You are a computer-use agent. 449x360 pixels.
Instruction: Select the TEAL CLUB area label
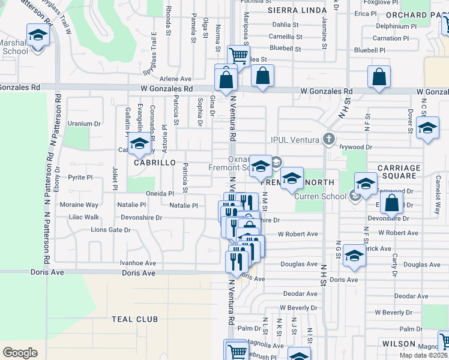(x=134, y=319)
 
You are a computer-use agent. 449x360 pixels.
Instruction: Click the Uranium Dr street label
(x=84, y=124)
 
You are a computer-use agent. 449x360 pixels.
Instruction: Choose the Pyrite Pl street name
(x=80, y=178)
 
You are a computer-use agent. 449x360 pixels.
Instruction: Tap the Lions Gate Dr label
(x=110, y=230)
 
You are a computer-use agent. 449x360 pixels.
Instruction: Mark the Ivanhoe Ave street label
(x=138, y=263)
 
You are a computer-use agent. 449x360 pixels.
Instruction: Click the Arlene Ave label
(x=176, y=79)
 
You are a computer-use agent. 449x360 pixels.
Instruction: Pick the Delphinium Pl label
(x=396, y=26)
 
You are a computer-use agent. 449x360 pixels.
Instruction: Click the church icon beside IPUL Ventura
(x=328, y=139)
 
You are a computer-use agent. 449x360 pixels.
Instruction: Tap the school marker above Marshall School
(x=38, y=35)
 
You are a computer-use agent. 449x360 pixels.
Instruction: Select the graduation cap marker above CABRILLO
(x=139, y=144)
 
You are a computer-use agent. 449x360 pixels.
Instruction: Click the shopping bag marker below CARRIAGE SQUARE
(x=391, y=203)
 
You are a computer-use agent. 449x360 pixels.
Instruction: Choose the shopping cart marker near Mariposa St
(x=239, y=56)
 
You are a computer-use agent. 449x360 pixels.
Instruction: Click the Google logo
(x=20, y=353)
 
